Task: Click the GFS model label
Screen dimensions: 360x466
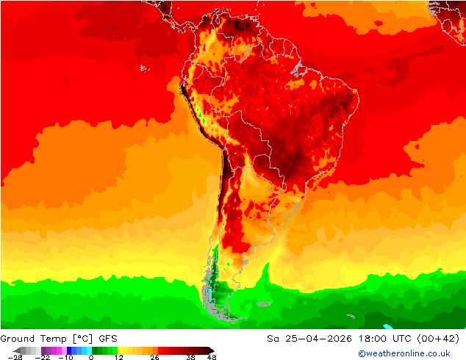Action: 108,339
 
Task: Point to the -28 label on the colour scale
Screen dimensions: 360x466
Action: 14,357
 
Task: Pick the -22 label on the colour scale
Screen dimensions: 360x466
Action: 43,357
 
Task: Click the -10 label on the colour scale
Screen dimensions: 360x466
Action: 66,357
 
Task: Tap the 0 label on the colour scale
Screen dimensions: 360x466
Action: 91,357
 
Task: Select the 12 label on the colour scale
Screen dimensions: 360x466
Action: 118,357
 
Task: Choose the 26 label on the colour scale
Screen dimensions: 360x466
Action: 154,357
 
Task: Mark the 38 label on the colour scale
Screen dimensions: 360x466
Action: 190,357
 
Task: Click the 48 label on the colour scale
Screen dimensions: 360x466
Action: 212,357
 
